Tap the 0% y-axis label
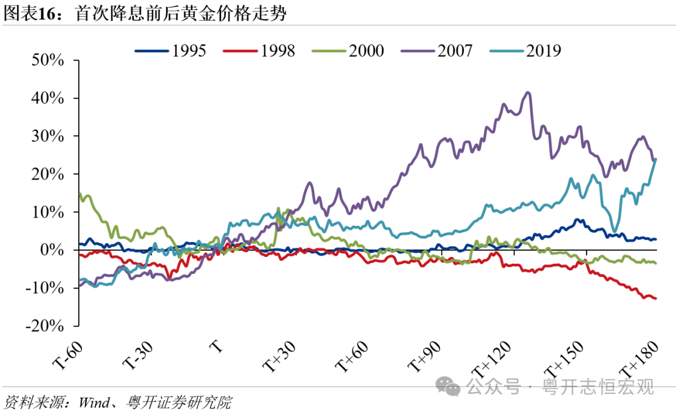pos(53,250)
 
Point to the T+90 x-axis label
pos(425,356)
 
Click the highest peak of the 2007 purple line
pos(528,93)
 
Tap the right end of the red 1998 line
pos(655,298)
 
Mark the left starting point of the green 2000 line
pos(79,194)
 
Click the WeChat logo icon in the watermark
pos(448,387)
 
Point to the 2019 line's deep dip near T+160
pos(615,230)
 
